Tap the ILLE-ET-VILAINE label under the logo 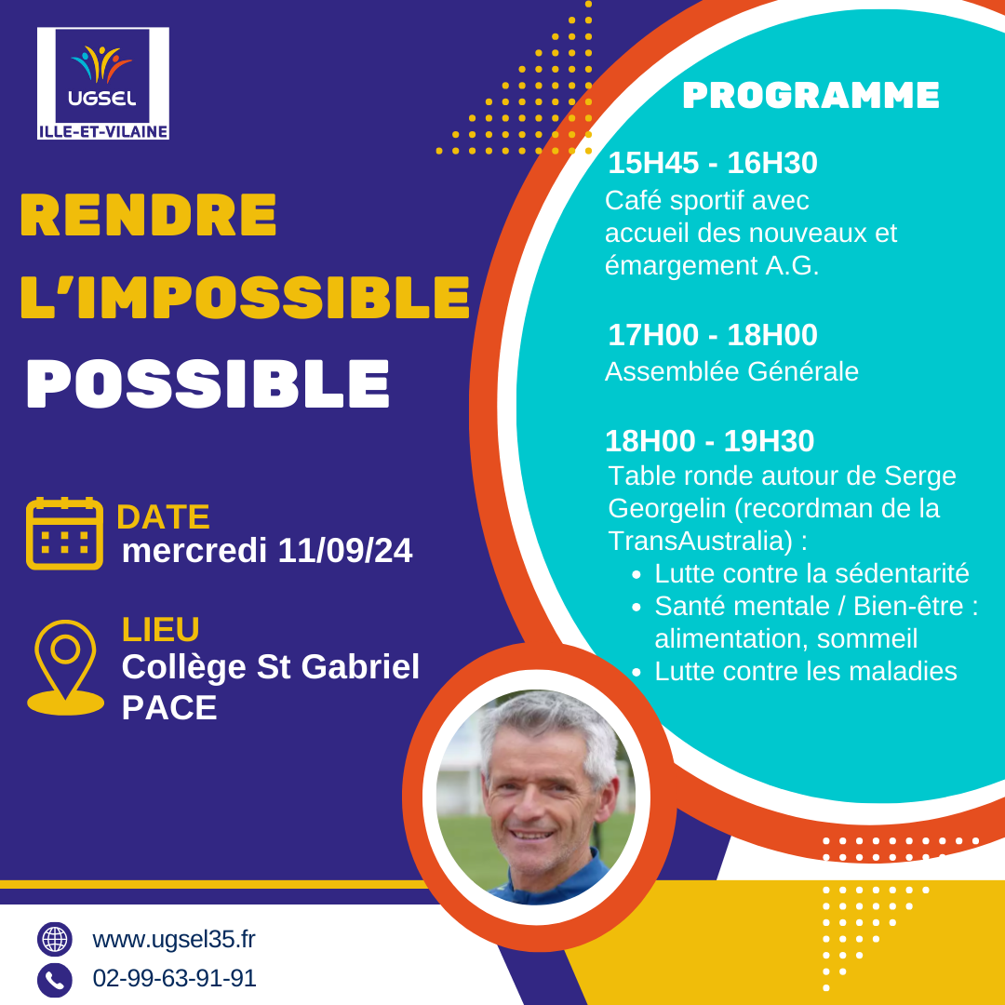tap(103, 131)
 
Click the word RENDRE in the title tap(149, 215)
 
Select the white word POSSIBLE tap(208, 383)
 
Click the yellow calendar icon tap(65, 533)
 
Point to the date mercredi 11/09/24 tap(267, 551)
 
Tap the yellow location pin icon tap(65, 667)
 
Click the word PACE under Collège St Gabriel tap(169, 707)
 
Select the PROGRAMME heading tap(811, 96)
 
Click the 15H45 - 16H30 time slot tap(713, 163)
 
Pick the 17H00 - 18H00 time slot tap(713, 335)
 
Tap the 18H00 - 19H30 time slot tap(709, 441)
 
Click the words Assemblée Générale tap(732, 371)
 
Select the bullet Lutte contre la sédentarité tap(811, 573)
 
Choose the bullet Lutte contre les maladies tap(806, 671)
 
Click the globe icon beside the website tap(55, 940)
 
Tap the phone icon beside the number tap(55, 980)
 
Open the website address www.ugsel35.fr tap(174, 940)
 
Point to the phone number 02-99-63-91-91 tap(174, 978)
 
